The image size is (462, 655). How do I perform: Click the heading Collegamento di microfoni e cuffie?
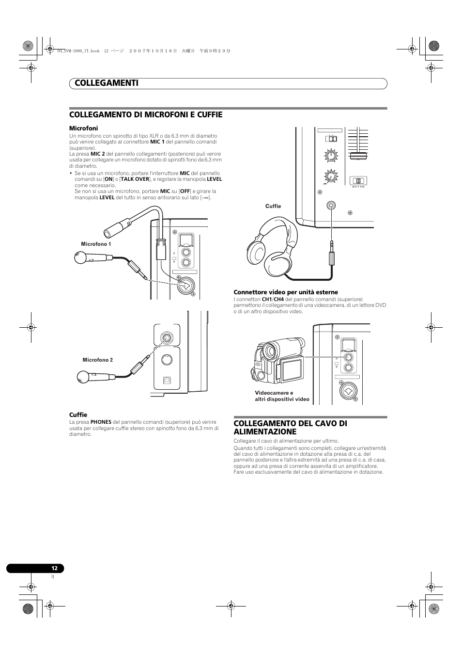[146, 115]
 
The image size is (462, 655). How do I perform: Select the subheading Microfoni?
[83, 128]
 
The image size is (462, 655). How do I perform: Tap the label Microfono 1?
[96, 244]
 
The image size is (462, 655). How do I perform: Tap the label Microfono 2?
[97, 360]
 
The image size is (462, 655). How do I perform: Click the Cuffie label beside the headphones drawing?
[273, 206]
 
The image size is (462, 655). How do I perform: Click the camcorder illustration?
[277, 361]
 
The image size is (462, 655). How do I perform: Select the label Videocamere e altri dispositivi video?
[282, 396]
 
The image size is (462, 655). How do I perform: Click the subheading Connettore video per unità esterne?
[286, 292]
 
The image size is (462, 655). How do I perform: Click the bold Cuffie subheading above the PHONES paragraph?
[78, 415]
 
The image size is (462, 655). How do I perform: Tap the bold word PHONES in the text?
[101, 422]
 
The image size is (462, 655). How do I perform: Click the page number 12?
[55, 568]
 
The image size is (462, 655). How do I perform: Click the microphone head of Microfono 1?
[80, 257]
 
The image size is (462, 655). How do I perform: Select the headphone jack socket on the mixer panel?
[331, 205]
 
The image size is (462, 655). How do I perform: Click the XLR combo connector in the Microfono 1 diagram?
[185, 287]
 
